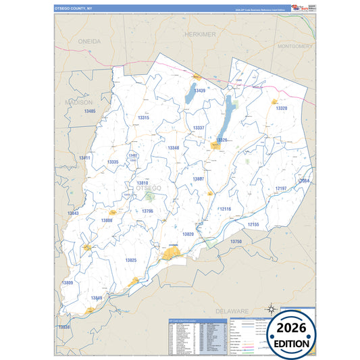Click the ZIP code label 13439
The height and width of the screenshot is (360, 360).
tap(199, 90)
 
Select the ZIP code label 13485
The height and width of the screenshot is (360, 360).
tap(89, 111)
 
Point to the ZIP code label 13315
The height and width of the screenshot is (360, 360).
tap(143, 118)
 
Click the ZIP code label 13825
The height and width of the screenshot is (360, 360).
tap(130, 260)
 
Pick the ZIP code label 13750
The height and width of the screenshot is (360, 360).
tap(236, 240)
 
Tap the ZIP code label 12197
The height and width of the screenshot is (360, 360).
tap(282, 188)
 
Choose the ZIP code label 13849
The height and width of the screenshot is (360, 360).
tap(97, 297)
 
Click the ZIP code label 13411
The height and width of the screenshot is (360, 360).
tap(84, 157)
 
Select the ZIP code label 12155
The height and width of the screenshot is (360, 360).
tap(253, 224)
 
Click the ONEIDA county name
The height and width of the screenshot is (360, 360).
tap(89, 41)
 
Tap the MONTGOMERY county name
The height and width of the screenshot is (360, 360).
tap(296, 47)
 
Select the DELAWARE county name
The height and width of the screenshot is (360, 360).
tap(232, 310)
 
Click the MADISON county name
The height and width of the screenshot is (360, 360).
tap(79, 102)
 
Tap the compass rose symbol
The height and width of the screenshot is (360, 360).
tap(270, 310)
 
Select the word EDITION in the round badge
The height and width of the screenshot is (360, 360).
tap(292, 343)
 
